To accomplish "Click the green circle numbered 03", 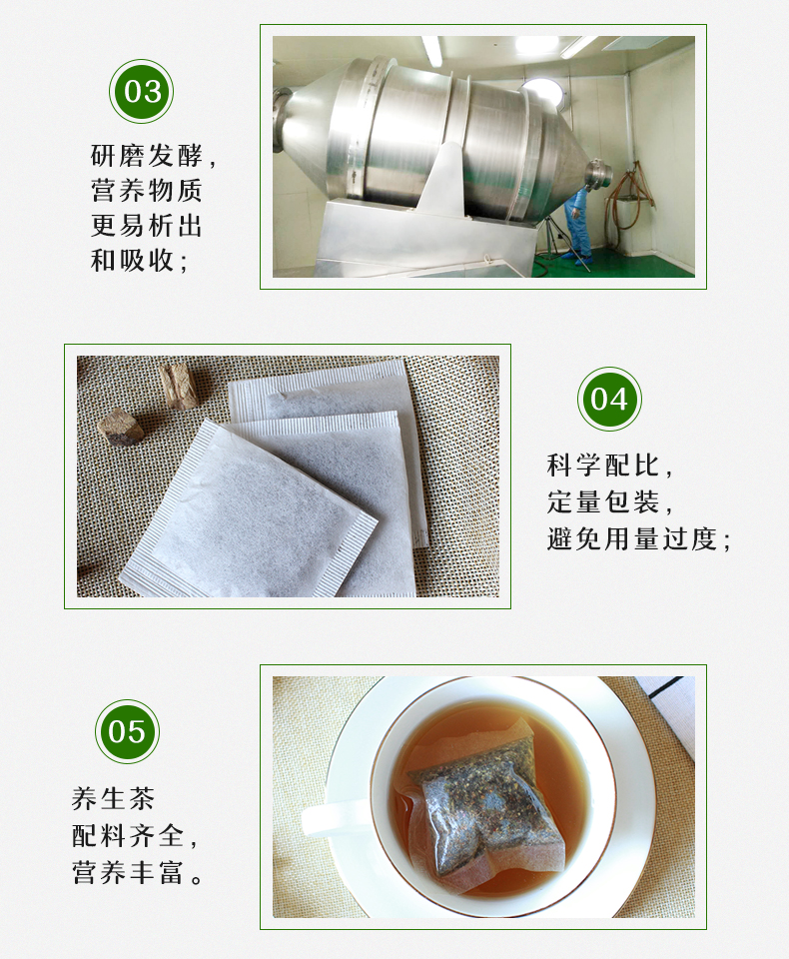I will point(141,92).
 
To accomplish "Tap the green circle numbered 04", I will point(609,399).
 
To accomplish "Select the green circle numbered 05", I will point(127,731).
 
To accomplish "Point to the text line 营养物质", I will point(147,191).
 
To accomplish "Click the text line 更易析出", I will point(147,226).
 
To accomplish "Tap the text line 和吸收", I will point(139,261).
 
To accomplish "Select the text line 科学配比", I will point(610,466).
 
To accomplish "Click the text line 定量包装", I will point(610,501).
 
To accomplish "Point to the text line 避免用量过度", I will point(639,538).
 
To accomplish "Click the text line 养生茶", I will point(114,798).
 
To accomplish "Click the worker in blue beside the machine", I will point(576,225).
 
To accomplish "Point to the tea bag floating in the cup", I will point(489,804).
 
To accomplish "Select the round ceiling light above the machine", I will point(540,88).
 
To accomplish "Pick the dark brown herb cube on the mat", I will point(120,427).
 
